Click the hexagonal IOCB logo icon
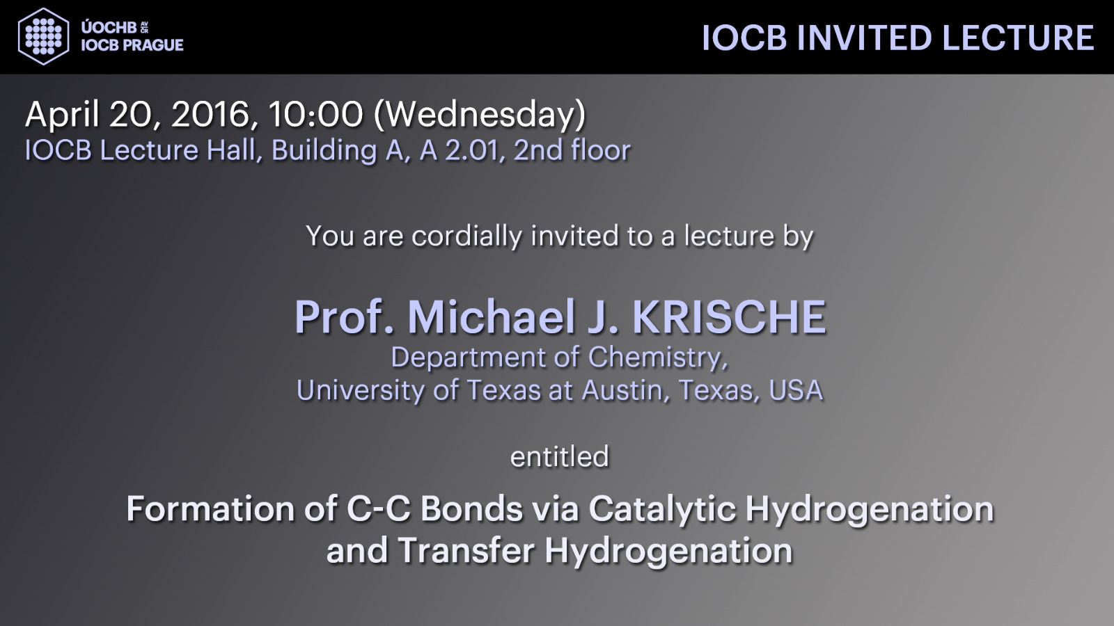[43, 36]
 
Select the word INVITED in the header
[864, 38]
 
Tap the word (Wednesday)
[479, 115]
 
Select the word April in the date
[62, 115]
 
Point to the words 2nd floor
[572, 150]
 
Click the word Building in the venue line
[324, 151]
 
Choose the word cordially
[467, 236]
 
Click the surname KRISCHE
[730, 317]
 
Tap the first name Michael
[492, 317]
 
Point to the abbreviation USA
[796, 390]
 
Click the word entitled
[560, 457]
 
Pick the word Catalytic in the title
[662, 510]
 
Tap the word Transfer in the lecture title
[466, 550]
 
